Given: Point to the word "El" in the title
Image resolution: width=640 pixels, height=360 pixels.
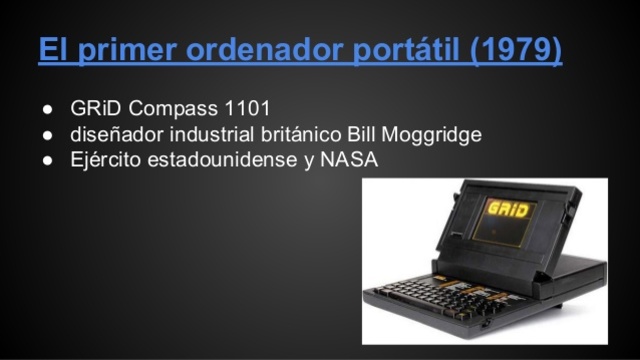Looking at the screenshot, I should pyautogui.click(x=54, y=49).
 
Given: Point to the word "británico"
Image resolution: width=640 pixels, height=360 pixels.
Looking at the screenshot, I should pyautogui.click(x=303, y=134).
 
